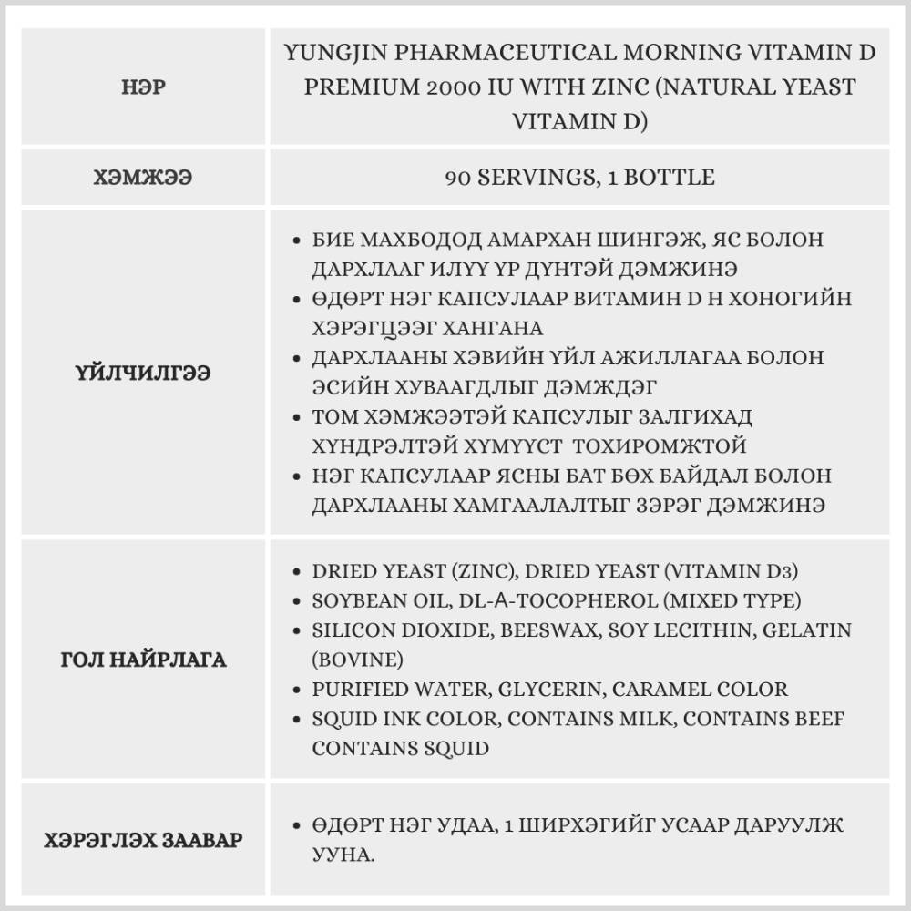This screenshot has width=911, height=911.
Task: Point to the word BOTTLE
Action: coord(670,177)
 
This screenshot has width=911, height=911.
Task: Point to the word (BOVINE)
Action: coord(357,659)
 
